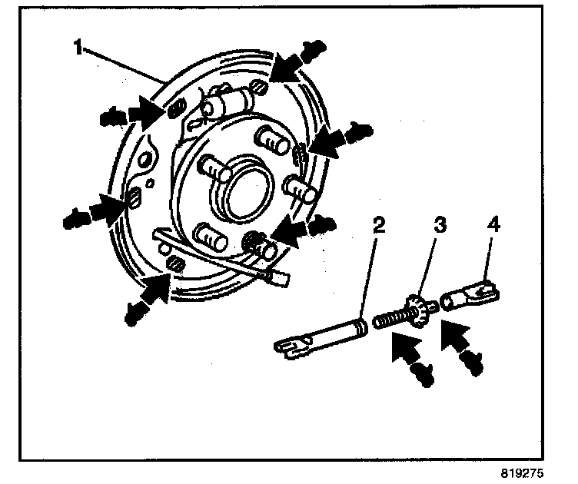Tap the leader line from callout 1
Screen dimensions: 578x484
pos(123,63)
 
